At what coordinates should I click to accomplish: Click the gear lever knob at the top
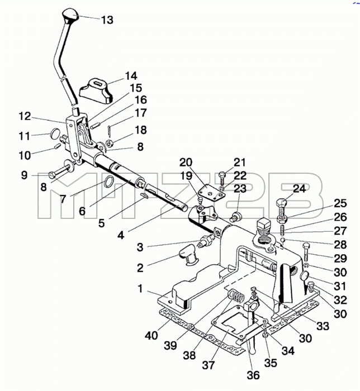click(70, 15)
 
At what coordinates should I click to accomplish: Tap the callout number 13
click(107, 20)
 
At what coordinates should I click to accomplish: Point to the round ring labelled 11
click(55, 133)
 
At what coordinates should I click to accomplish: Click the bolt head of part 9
click(51, 175)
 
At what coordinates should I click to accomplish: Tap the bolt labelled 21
click(222, 178)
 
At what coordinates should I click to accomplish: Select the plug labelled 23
click(236, 217)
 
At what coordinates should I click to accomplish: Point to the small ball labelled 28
click(283, 240)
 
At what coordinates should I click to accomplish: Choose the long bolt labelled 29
click(306, 252)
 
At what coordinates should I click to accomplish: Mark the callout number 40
click(151, 336)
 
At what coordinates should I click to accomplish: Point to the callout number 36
click(253, 375)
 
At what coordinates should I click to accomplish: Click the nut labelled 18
click(110, 143)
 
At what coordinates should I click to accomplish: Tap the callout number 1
click(140, 289)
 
